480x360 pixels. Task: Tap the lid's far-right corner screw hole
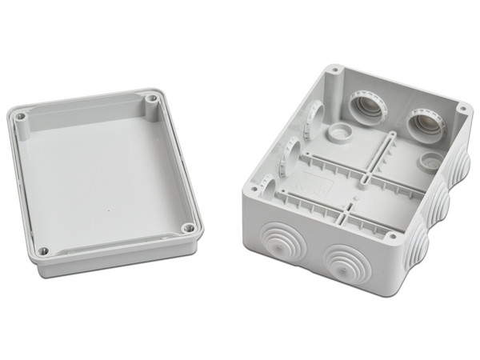pyautogui.click(x=152, y=99)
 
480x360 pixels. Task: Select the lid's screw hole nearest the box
pyautogui.click(x=188, y=229)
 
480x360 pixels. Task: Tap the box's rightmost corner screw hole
pyautogui.click(x=462, y=106)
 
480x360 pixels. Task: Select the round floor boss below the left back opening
pyautogui.click(x=336, y=133)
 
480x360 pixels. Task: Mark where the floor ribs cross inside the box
pyautogui.click(x=357, y=176)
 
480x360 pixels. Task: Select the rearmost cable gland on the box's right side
pyautogui.click(x=462, y=166)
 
